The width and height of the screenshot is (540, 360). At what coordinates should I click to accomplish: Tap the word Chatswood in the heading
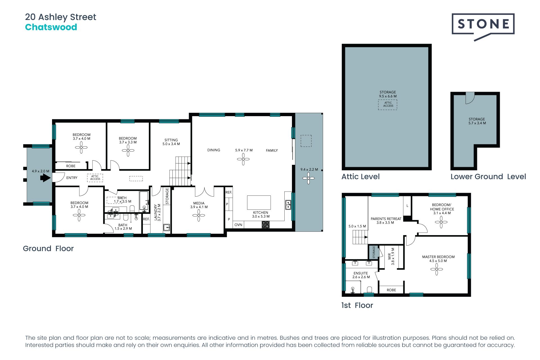(x=51, y=27)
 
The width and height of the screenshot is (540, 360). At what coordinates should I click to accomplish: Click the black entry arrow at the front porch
(x=45, y=178)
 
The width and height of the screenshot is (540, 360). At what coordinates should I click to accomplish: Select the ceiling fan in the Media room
(x=199, y=215)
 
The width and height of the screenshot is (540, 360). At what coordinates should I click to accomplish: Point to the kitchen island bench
(x=259, y=202)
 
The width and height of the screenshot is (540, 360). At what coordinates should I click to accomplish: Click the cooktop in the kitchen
(x=266, y=224)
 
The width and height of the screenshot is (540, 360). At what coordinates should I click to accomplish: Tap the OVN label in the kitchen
(x=238, y=225)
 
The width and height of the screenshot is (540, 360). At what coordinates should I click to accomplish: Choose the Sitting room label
(x=171, y=140)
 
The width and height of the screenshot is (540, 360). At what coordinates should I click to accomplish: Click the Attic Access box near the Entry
(x=95, y=178)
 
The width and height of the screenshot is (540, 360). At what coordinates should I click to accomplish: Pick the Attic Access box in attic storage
(x=388, y=104)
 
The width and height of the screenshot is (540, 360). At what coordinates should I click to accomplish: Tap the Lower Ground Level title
(x=488, y=177)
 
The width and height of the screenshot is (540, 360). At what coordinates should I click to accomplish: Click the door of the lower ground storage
(x=470, y=98)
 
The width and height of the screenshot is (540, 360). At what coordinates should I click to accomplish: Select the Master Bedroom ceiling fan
(x=436, y=269)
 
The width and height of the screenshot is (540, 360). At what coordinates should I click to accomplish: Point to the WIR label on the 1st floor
(x=390, y=256)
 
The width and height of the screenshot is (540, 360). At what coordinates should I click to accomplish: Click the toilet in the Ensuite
(x=370, y=289)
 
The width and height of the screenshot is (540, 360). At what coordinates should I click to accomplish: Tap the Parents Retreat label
(x=386, y=219)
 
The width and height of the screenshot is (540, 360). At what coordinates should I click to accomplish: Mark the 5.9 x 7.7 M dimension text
(x=244, y=150)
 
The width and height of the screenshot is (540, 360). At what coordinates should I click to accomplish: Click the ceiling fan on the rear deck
(x=309, y=178)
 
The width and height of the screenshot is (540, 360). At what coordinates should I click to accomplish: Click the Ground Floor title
(x=48, y=249)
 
